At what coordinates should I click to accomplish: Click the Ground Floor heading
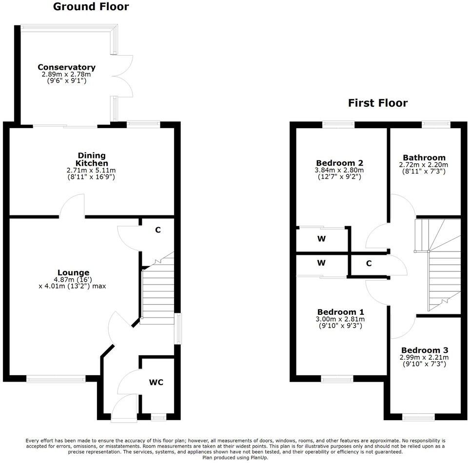coord(91,7)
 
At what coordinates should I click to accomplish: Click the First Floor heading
coord(377,103)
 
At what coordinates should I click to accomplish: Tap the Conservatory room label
coord(66,67)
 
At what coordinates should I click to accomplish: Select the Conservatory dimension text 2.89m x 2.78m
coord(66,75)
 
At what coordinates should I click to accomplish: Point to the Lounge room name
coord(73,272)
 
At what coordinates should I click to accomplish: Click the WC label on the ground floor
coord(156,382)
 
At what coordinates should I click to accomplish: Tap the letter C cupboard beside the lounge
coord(157,230)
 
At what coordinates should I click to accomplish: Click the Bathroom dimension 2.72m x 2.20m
coord(424,165)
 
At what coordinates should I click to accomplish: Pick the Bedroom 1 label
coord(340,312)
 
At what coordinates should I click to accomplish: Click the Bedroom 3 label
coord(424,350)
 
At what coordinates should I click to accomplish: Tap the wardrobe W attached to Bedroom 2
coord(321,239)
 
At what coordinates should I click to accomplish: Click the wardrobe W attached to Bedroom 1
coord(321,263)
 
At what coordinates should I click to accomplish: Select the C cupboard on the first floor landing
coord(369,264)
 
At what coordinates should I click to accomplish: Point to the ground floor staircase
coord(157,292)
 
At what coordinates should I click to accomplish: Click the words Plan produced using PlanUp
coord(235,457)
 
